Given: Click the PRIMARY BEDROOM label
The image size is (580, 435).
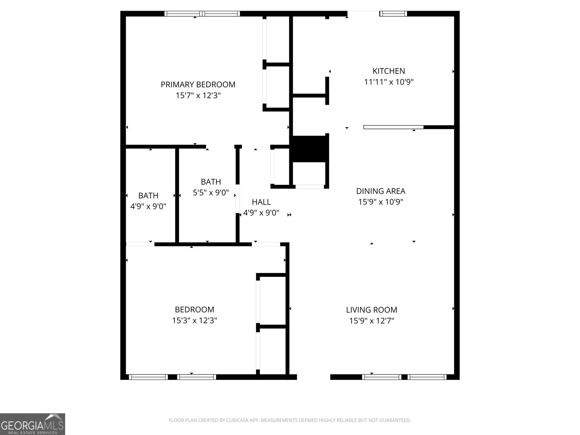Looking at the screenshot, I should pyautogui.click(x=198, y=84).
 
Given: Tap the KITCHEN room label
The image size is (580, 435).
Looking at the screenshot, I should pyautogui.click(x=389, y=71).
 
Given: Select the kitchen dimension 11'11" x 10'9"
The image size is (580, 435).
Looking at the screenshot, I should pyautogui.click(x=389, y=82).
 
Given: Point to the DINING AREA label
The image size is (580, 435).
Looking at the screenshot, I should pyautogui.click(x=381, y=191).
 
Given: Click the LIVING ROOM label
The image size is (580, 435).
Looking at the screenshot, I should pyautogui.click(x=372, y=310).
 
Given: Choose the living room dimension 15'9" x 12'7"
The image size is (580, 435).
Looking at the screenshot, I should pyautogui.click(x=372, y=321).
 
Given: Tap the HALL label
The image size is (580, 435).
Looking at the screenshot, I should pyautogui.click(x=261, y=202).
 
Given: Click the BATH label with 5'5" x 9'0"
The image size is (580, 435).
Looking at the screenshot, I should pyautogui.click(x=211, y=182).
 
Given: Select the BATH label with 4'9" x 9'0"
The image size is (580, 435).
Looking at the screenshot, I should pyautogui.click(x=148, y=196).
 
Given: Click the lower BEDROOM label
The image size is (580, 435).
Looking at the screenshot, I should pyautogui.click(x=194, y=310).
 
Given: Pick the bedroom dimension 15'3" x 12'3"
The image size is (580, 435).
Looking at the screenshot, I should pyautogui.click(x=194, y=320).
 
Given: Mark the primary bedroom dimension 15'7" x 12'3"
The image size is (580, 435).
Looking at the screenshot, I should pyautogui.click(x=198, y=96).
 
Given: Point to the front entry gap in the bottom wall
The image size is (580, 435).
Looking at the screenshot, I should pyautogui.click(x=314, y=377).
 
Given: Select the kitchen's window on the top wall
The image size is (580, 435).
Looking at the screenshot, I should pyautogui.click(x=393, y=14).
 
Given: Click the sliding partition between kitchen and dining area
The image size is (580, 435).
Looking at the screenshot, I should pyautogui.click(x=393, y=127).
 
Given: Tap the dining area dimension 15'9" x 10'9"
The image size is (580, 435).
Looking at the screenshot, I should pyautogui.click(x=381, y=202).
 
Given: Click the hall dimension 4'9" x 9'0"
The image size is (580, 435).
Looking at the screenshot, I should pyautogui.click(x=261, y=213).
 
